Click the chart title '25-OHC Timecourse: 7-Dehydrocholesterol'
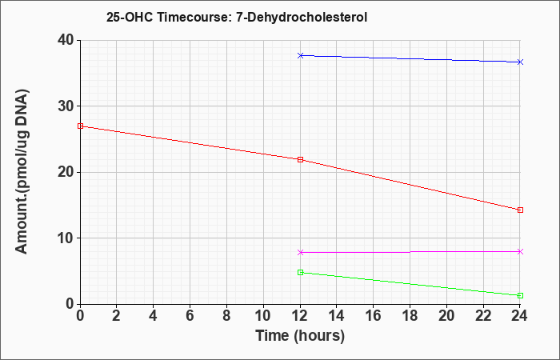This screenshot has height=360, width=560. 237,17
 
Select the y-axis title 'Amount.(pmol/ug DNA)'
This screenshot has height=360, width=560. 22,172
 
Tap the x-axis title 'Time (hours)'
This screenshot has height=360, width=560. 300,336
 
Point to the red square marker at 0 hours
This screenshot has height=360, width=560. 80,126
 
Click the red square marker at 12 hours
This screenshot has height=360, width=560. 300,160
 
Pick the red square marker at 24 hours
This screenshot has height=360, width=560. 520,210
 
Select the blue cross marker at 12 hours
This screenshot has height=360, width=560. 300,55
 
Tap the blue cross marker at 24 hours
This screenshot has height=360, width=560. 520,62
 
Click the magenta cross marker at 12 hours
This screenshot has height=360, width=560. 300,253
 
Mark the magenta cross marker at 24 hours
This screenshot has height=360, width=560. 520,252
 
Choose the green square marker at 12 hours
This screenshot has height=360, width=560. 300,273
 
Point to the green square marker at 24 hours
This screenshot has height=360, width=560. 520,296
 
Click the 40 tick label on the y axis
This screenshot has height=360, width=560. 66,40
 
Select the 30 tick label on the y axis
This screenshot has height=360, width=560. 66,106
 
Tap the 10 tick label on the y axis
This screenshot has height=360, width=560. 66,238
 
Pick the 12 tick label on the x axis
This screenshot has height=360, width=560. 300,316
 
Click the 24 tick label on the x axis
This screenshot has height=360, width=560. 520,316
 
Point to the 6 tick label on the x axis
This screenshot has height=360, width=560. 190,316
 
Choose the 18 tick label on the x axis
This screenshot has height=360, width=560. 410,316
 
